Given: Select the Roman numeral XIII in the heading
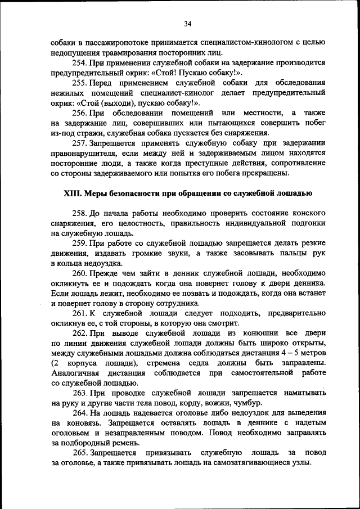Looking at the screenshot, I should coord(74,193).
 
